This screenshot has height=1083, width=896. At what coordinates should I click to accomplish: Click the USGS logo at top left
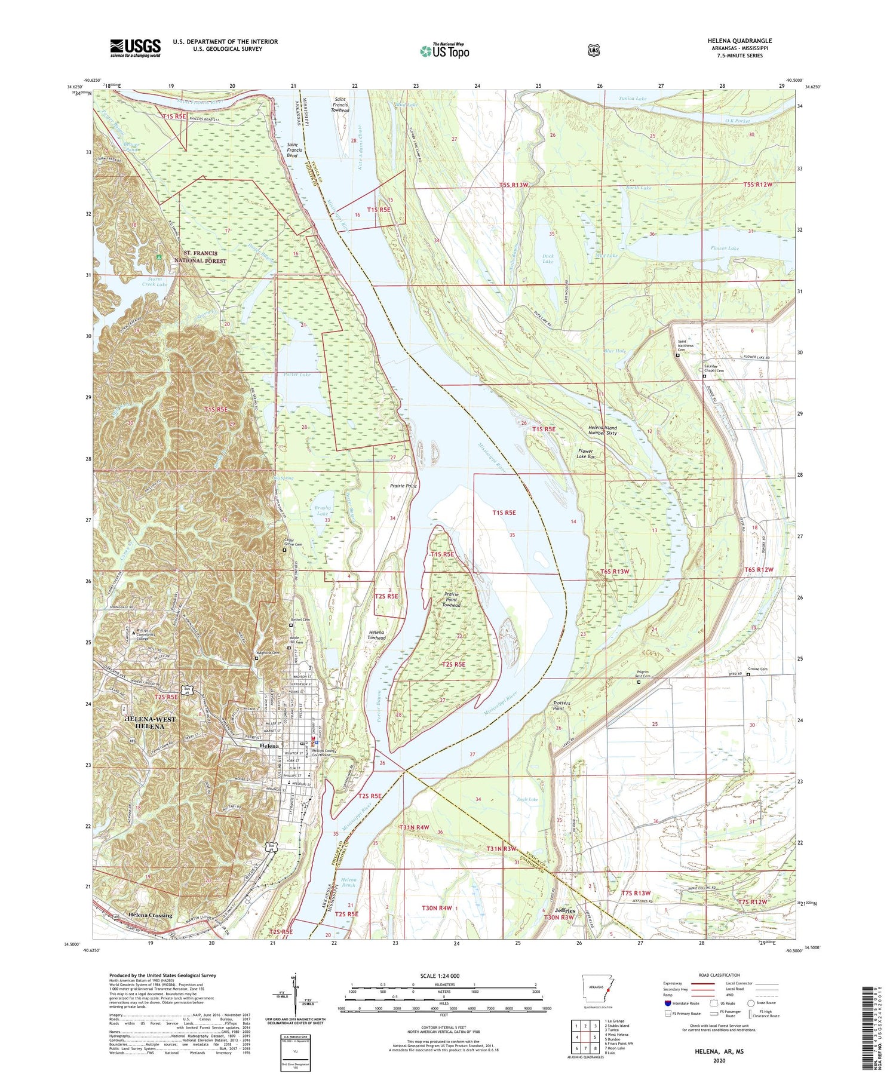click(x=135, y=48)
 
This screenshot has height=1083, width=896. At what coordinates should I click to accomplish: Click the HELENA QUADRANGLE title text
click(x=739, y=41)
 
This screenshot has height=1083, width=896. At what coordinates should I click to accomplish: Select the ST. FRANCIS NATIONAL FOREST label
click(x=200, y=257)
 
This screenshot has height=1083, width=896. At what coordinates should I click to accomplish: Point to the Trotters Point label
click(x=561, y=705)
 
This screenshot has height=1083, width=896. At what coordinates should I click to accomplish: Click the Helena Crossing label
click(x=150, y=915)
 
